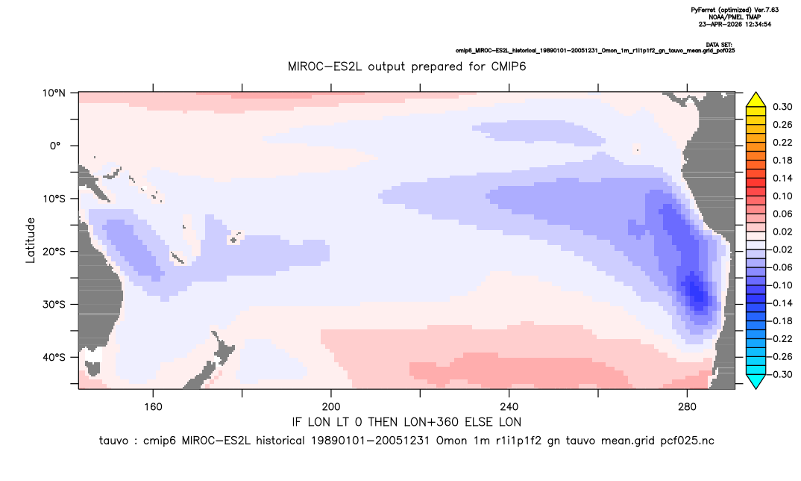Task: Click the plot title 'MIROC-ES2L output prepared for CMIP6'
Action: pyautogui.click(x=406, y=66)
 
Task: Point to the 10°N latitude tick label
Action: pyautogui.click(x=54, y=93)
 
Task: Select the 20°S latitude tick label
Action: pyautogui.click(x=54, y=252)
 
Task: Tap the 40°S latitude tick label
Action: pyautogui.click(x=54, y=357)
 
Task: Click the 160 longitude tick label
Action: pyautogui.click(x=153, y=407)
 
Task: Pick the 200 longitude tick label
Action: pyautogui.click(x=331, y=407)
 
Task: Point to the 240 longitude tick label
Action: pyautogui.click(x=509, y=407)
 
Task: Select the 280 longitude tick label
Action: pyautogui.click(x=687, y=407)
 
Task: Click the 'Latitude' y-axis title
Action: pyautogui.click(x=31, y=241)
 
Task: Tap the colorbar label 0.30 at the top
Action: pyautogui.click(x=782, y=107)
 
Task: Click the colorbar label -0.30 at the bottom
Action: pyautogui.click(x=781, y=374)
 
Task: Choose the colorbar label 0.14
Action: pyautogui.click(x=782, y=178)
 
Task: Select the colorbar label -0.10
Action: pyautogui.click(x=781, y=285)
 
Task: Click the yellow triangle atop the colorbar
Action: pyautogui.click(x=756, y=100)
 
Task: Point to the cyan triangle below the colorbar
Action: pyautogui.click(x=756, y=381)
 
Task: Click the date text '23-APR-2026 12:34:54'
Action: pyautogui.click(x=735, y=24)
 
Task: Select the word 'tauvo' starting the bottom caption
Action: pyautogui.click(x=113, y=441)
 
